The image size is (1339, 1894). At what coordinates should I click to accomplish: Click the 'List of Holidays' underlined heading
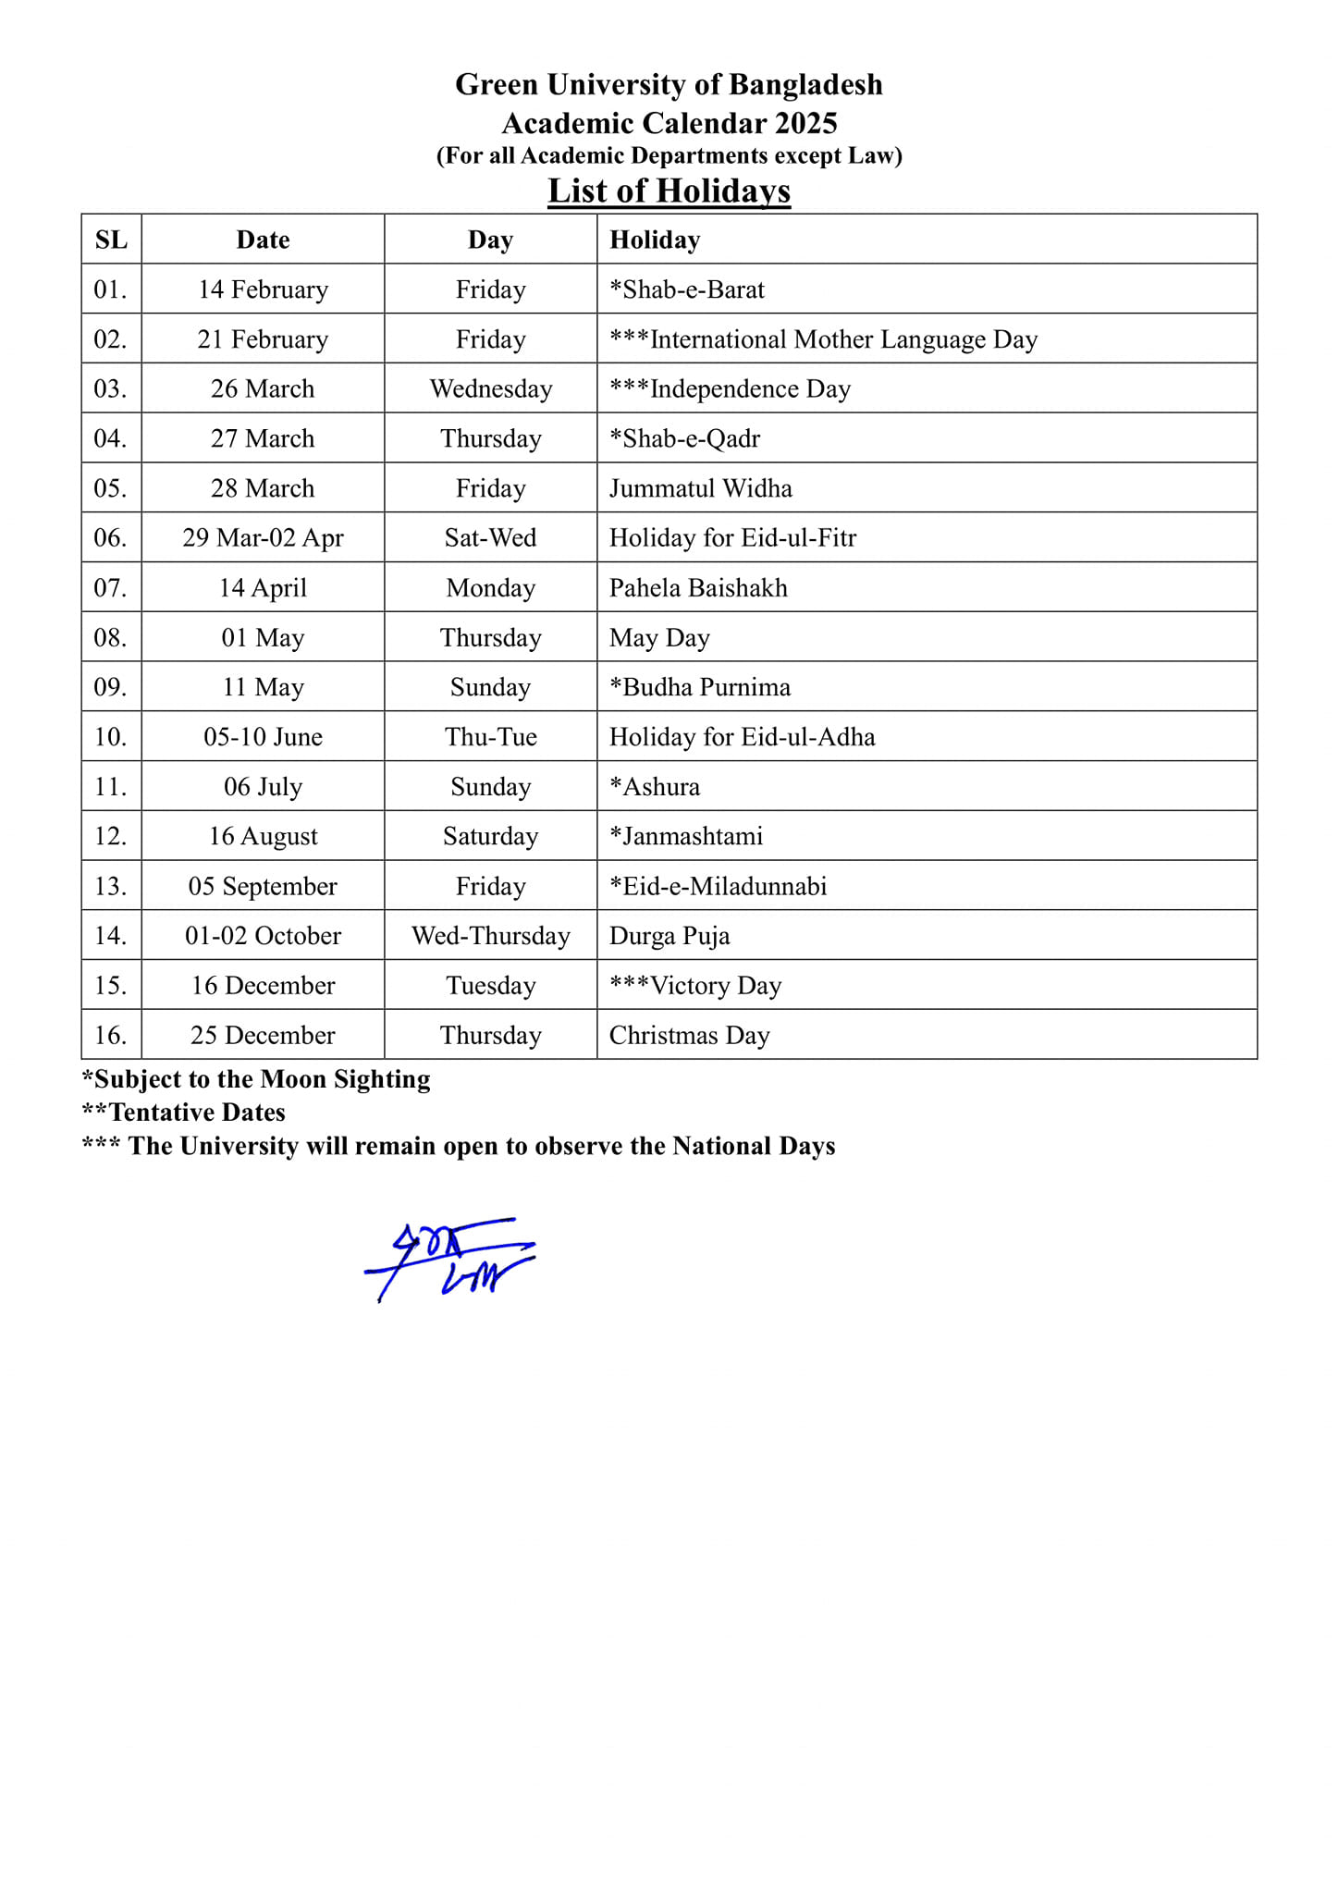(x=669, y=191)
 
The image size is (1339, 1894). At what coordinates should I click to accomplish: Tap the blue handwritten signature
(x=450, y=1259)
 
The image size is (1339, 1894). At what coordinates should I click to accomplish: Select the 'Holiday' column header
(x=655, y=240)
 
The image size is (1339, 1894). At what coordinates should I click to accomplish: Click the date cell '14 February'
(x=263, y=289)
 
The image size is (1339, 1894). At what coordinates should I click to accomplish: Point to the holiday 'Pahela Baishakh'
(x=698, y=588)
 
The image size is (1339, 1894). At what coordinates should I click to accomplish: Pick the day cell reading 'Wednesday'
(x=490, y=389)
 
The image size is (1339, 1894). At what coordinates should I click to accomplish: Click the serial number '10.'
(x=111, y=737)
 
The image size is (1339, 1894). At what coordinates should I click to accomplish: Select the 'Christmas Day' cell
(x=689, y=1036)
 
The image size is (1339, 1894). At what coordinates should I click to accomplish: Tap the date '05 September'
(x=263, y=887)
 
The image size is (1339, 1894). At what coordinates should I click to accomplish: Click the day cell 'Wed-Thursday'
(x=490, y=936)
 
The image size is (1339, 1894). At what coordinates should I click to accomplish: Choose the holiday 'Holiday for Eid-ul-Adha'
(x=742, y=737)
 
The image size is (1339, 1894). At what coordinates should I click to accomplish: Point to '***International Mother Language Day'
(x=823, y=339)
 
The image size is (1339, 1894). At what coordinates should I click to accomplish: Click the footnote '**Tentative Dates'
(x=184, y=1112)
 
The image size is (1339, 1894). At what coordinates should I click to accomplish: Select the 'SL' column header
(x=111, y=240)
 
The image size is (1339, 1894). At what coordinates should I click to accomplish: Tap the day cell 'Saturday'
(x=490, y=837)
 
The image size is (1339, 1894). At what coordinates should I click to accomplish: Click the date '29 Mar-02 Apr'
(x=263, y=538)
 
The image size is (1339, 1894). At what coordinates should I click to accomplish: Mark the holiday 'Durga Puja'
(x=669, y=936)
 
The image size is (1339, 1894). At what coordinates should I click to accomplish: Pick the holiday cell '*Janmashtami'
(x=686, y=837)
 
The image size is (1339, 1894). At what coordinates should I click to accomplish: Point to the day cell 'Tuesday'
(x=490, y=986)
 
